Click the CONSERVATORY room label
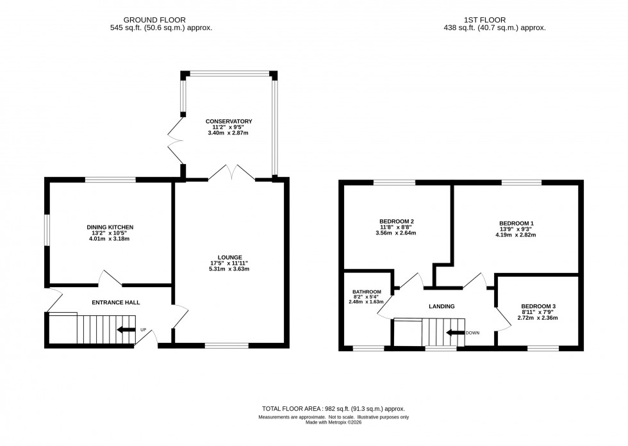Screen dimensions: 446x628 pyautogui.click(x=229, y=121)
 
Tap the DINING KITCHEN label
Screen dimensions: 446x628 pyautogui.click(x=110, y=227)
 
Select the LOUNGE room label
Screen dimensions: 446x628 pyautogui.click(x=229, y=257)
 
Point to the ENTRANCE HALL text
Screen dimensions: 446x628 pyautogui.click(x=116, y=302)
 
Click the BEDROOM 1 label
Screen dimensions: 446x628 pyautogui.click(x=516, y=223)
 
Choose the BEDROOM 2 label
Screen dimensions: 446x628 pyautogui.click(x=397, y=221)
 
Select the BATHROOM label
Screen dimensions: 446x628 pyautogui.click(x=367, y=292)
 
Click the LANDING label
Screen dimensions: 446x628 pyautogui.click(x=442, y=306)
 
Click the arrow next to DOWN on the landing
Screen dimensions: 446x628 pyautogui.click(x=456, y=333)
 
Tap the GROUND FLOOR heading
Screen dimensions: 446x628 pyautogui.click(x=161, y=19)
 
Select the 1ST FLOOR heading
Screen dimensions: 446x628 pyautogui.click(x=494, y=19)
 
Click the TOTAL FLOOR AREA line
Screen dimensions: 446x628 pyautogui.click(x=333, y=408)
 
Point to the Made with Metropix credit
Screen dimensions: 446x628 pyautogui.click(x=333, y=422)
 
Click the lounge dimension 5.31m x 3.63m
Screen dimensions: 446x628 pyautogui.click(x=229, y=269)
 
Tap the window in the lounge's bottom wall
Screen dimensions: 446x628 pyautogui.click(x=226, y=346)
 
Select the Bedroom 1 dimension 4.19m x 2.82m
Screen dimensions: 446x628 pyautogui.click(x=516, y=235)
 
